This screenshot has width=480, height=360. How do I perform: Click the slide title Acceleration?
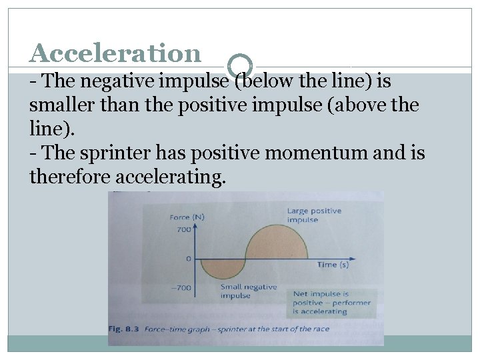115,53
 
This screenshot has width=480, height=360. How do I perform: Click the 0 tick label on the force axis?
189,258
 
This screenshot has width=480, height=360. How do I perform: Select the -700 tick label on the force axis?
181,288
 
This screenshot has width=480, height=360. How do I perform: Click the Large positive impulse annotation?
314,215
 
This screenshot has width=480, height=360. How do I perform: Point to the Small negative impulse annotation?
248,291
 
